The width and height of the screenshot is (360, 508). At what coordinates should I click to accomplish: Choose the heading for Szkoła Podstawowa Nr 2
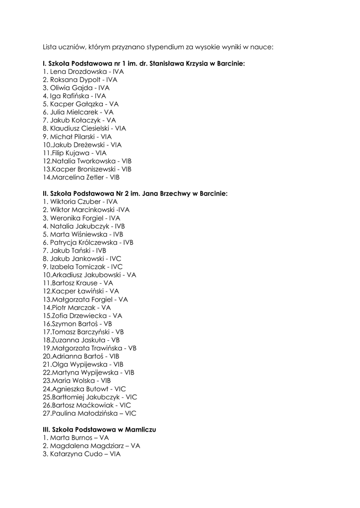135,193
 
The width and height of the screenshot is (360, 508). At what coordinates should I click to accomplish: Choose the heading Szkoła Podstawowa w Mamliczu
99,429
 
